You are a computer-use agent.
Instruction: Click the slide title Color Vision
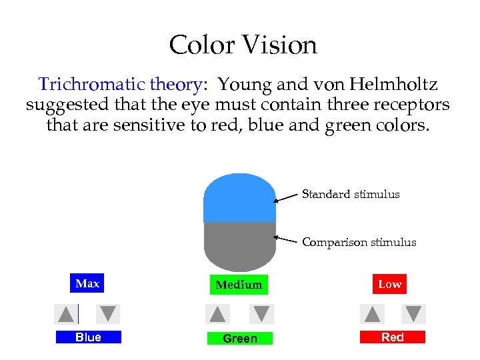(243, 45)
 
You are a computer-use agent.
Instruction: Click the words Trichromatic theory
(123, 85)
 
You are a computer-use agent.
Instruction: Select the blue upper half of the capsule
(239, 198)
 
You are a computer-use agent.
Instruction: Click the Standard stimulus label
(351, 195)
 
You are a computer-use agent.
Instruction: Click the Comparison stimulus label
(359, 243)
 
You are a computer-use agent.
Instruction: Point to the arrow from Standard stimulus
(287, 197)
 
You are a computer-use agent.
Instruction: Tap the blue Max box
(87, 284)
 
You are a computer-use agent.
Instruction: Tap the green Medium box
(239, 285)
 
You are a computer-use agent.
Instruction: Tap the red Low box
(390, 285)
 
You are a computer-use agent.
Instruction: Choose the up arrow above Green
(217, 314)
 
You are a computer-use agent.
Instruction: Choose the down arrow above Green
(262, 314)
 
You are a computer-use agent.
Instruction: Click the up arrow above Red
(372, 314)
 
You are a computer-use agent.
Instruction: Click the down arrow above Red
(414, 314)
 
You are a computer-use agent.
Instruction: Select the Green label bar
(240, 339)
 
